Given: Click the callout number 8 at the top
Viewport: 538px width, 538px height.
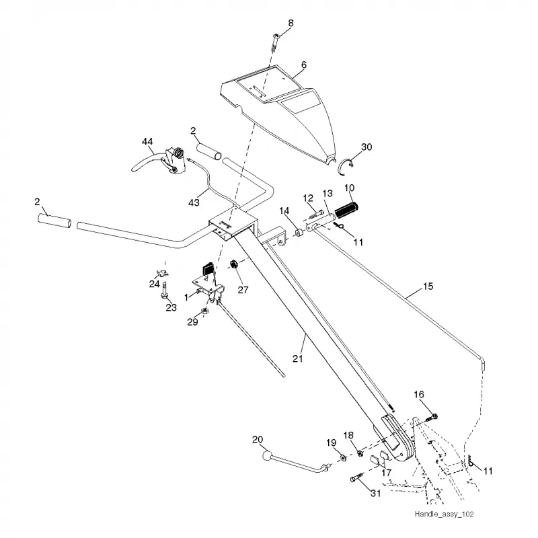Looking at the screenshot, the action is coord(291,24).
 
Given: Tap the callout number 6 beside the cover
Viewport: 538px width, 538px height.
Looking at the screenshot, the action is coord(304,65).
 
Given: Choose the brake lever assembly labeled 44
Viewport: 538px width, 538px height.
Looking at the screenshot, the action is coord(159,161).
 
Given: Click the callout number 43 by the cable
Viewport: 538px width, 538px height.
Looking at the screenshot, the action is coord(194,202).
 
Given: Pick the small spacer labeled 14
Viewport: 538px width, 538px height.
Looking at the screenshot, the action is coord(299,233).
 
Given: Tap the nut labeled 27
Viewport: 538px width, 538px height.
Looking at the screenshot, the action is coord(233,264).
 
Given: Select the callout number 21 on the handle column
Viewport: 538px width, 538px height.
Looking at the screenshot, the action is coord(298,358).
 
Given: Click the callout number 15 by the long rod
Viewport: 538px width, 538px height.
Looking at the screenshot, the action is coord(428,286).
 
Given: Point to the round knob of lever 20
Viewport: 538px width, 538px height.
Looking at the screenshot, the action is coord(266,456).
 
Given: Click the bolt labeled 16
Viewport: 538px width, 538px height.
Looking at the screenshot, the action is coord(431,418).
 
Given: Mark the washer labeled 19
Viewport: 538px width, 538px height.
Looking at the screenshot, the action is coord(342,457).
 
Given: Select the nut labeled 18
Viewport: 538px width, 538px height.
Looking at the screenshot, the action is coord(360,453).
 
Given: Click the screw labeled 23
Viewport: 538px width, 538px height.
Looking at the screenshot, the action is coord(165,290).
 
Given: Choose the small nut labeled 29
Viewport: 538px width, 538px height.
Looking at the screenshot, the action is coord(204,311).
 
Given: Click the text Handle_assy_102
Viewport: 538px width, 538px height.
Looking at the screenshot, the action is coord(444,514).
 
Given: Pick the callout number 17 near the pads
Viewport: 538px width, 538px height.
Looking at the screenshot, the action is coord(386,473).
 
